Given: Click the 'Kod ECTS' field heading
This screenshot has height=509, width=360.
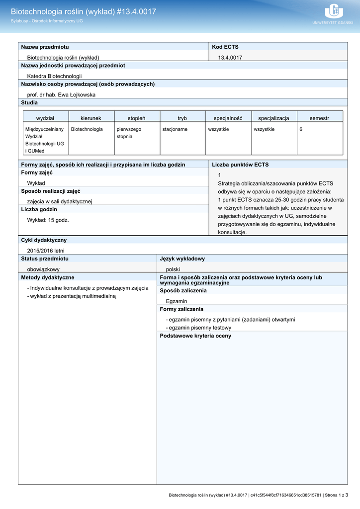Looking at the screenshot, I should [x=225, y=47].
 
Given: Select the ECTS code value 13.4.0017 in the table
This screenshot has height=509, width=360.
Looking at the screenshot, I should [x=230, y=58].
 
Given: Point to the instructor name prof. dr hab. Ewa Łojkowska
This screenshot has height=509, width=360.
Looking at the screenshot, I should [x=61, y=94].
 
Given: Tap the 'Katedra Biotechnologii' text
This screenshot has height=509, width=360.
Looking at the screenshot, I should [x=54, y=76].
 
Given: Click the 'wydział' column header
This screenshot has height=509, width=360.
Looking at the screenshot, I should [x=45, y=118].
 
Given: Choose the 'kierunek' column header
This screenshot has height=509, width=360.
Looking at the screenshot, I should [x=91, y=118].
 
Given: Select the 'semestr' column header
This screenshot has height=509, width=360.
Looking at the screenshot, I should [x=319, y=118].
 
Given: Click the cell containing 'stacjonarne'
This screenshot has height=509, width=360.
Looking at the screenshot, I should [x=175, y=129].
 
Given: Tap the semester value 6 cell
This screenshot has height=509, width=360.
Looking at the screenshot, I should [x=301, y=129].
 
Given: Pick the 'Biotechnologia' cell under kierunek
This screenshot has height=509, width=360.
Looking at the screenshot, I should [x=87, y=129].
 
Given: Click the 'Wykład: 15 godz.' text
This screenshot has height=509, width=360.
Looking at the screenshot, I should [x=48, y=220].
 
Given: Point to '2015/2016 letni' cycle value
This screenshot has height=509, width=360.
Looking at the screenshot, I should [x=46, y=251].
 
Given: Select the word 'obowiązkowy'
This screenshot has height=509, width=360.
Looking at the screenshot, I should [x=43, y=269].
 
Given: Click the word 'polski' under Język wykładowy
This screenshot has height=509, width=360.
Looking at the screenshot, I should [x=173, y=269].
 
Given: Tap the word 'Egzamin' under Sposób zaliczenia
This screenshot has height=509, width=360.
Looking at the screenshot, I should [x=177, y=301].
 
